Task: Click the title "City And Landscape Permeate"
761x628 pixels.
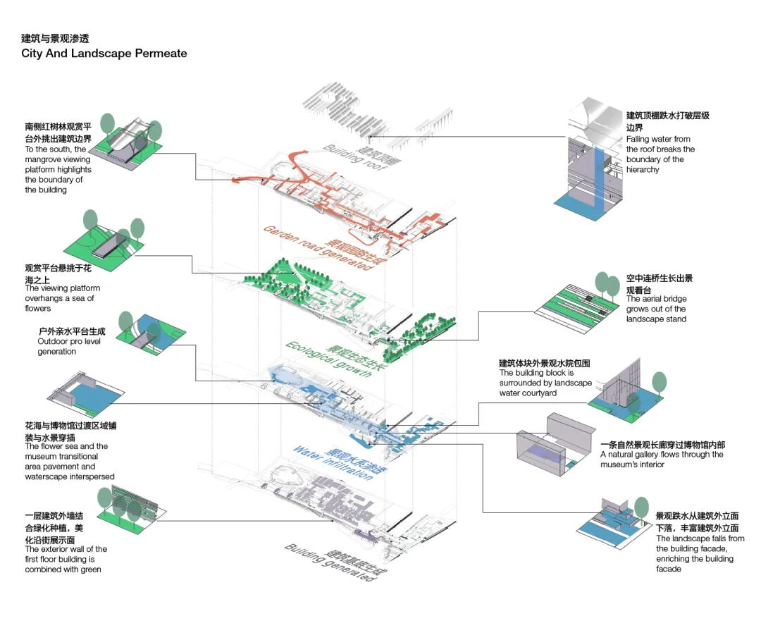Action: click(x=104, y=54)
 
